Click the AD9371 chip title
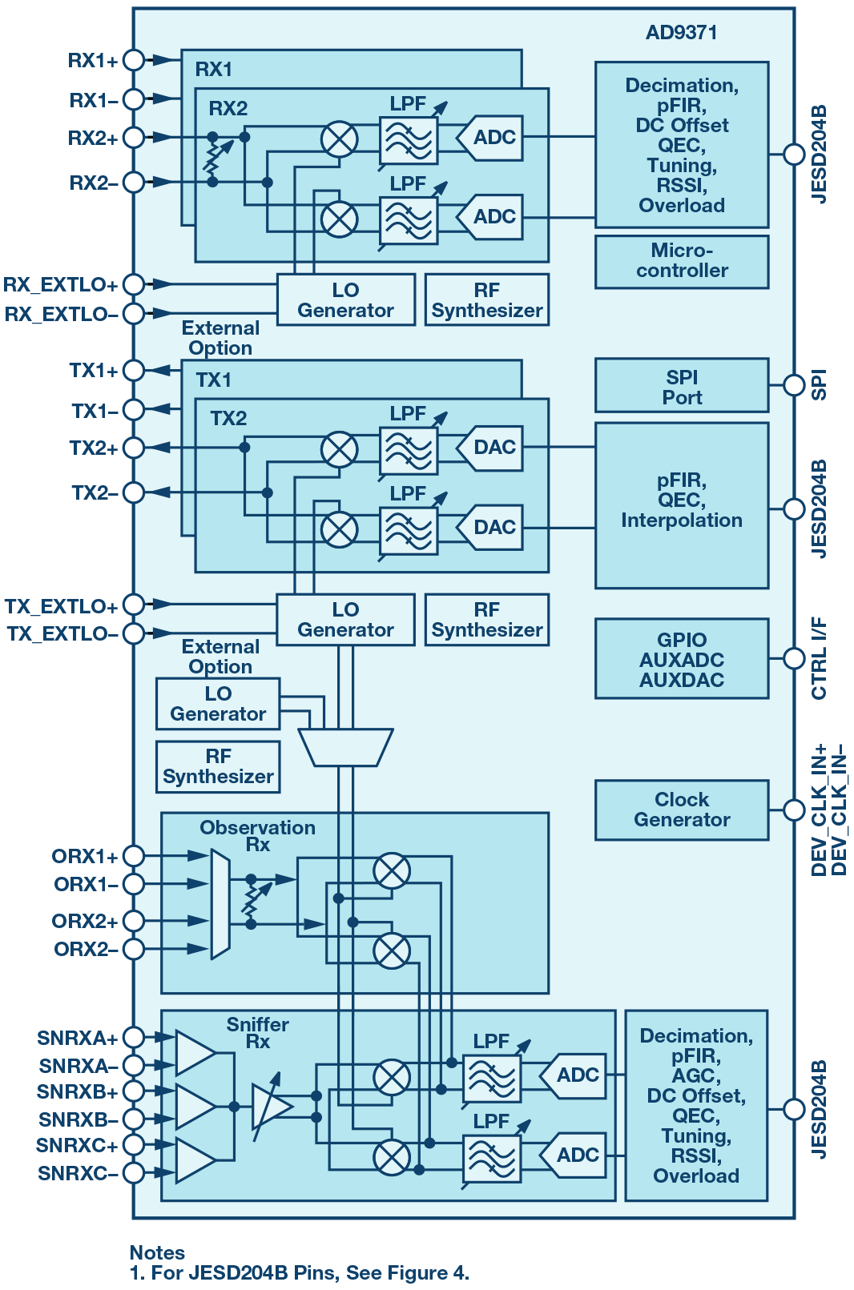[681, 33]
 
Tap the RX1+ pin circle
[134, 60]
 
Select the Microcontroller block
[682, 261]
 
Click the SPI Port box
[682, 387]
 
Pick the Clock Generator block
[682, 810]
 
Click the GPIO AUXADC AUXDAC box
[682, 659]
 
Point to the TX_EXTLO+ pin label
[61, 606]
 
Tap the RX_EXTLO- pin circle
[134, 313]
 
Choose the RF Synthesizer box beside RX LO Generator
[487, 300]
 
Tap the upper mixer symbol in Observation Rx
[392, 870]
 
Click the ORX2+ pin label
[84, 921]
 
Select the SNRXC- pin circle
[134, 1172]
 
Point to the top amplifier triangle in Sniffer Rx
[194, 1052]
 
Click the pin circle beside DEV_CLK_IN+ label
[793, 810]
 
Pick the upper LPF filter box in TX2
[409, 451]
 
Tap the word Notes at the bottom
[157, 1252]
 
